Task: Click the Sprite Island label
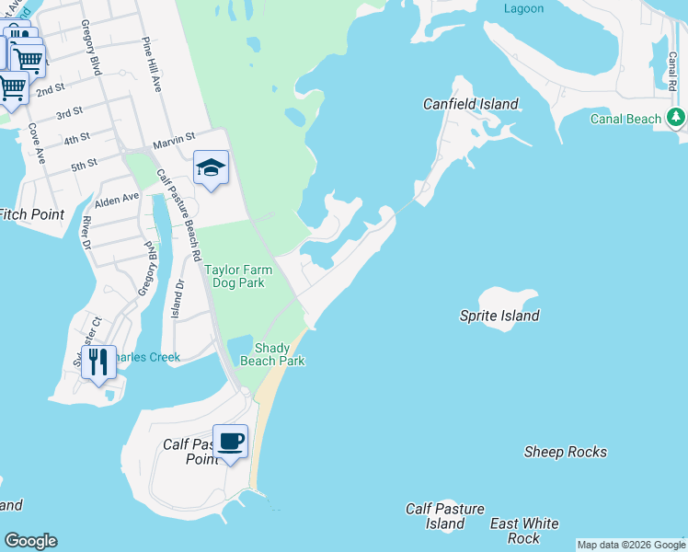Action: [499, 316]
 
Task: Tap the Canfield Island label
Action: [470, 104]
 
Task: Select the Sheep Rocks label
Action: [565, 452]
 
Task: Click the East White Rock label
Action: [524, 531]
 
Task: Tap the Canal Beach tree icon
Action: [677, 117]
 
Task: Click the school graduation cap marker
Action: [211, 167]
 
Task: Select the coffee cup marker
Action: [230, 441]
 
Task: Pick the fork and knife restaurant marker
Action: [98, 361]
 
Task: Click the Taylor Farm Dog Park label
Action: [234, 276]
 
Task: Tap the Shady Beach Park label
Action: [272, 354]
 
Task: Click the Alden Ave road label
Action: [116, 198]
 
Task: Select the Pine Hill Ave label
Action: [152, 64]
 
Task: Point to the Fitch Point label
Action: [31, 214]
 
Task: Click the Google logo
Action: [30, 541]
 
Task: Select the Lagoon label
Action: [523, 8]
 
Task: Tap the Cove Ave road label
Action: [37, 142]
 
